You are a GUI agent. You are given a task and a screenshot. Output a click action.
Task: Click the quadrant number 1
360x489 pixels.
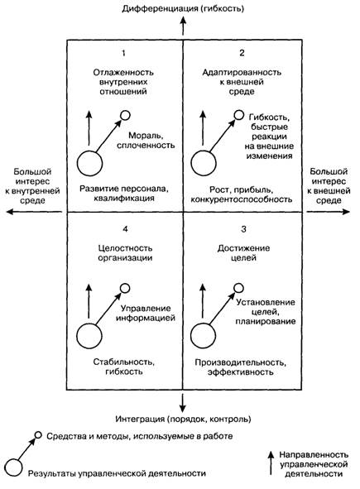(123, 53)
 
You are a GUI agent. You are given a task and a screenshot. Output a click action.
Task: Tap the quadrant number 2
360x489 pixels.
(242, 53)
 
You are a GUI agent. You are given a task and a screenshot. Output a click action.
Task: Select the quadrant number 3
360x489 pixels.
(243, 229)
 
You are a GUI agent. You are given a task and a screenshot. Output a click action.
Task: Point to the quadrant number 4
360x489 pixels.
(125, 229)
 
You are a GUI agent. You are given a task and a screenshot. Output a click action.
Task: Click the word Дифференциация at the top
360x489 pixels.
(160, 8)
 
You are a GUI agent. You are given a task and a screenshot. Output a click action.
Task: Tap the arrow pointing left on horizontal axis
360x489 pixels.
(34, 212)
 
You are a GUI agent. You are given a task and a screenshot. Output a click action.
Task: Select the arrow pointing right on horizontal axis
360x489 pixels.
(329, 212)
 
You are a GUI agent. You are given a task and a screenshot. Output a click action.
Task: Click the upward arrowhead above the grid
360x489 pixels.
(183, 20)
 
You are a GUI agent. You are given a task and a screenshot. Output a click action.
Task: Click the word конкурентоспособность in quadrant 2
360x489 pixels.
(242, 199)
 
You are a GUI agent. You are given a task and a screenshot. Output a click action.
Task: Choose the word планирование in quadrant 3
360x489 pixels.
(266, 322)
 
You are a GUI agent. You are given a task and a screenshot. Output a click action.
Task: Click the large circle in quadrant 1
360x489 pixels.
(89, 164)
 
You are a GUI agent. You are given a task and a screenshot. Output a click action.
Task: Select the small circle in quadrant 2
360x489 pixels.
(239, 115)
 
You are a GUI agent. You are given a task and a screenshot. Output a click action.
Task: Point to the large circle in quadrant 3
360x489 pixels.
(203, 336)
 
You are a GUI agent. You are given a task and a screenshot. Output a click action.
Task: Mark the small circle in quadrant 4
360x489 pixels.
(125, 288)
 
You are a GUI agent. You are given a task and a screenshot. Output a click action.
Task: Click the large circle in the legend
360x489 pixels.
(13, 467)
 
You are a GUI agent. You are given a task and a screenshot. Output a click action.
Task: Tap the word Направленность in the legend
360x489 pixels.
(314, 455)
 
